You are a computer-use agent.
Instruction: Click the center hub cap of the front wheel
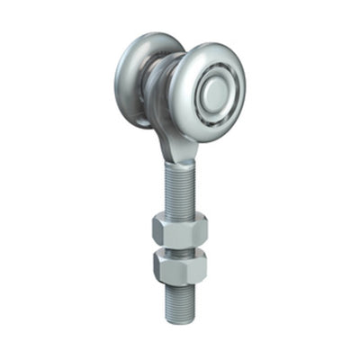click(x=215, y=93)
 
